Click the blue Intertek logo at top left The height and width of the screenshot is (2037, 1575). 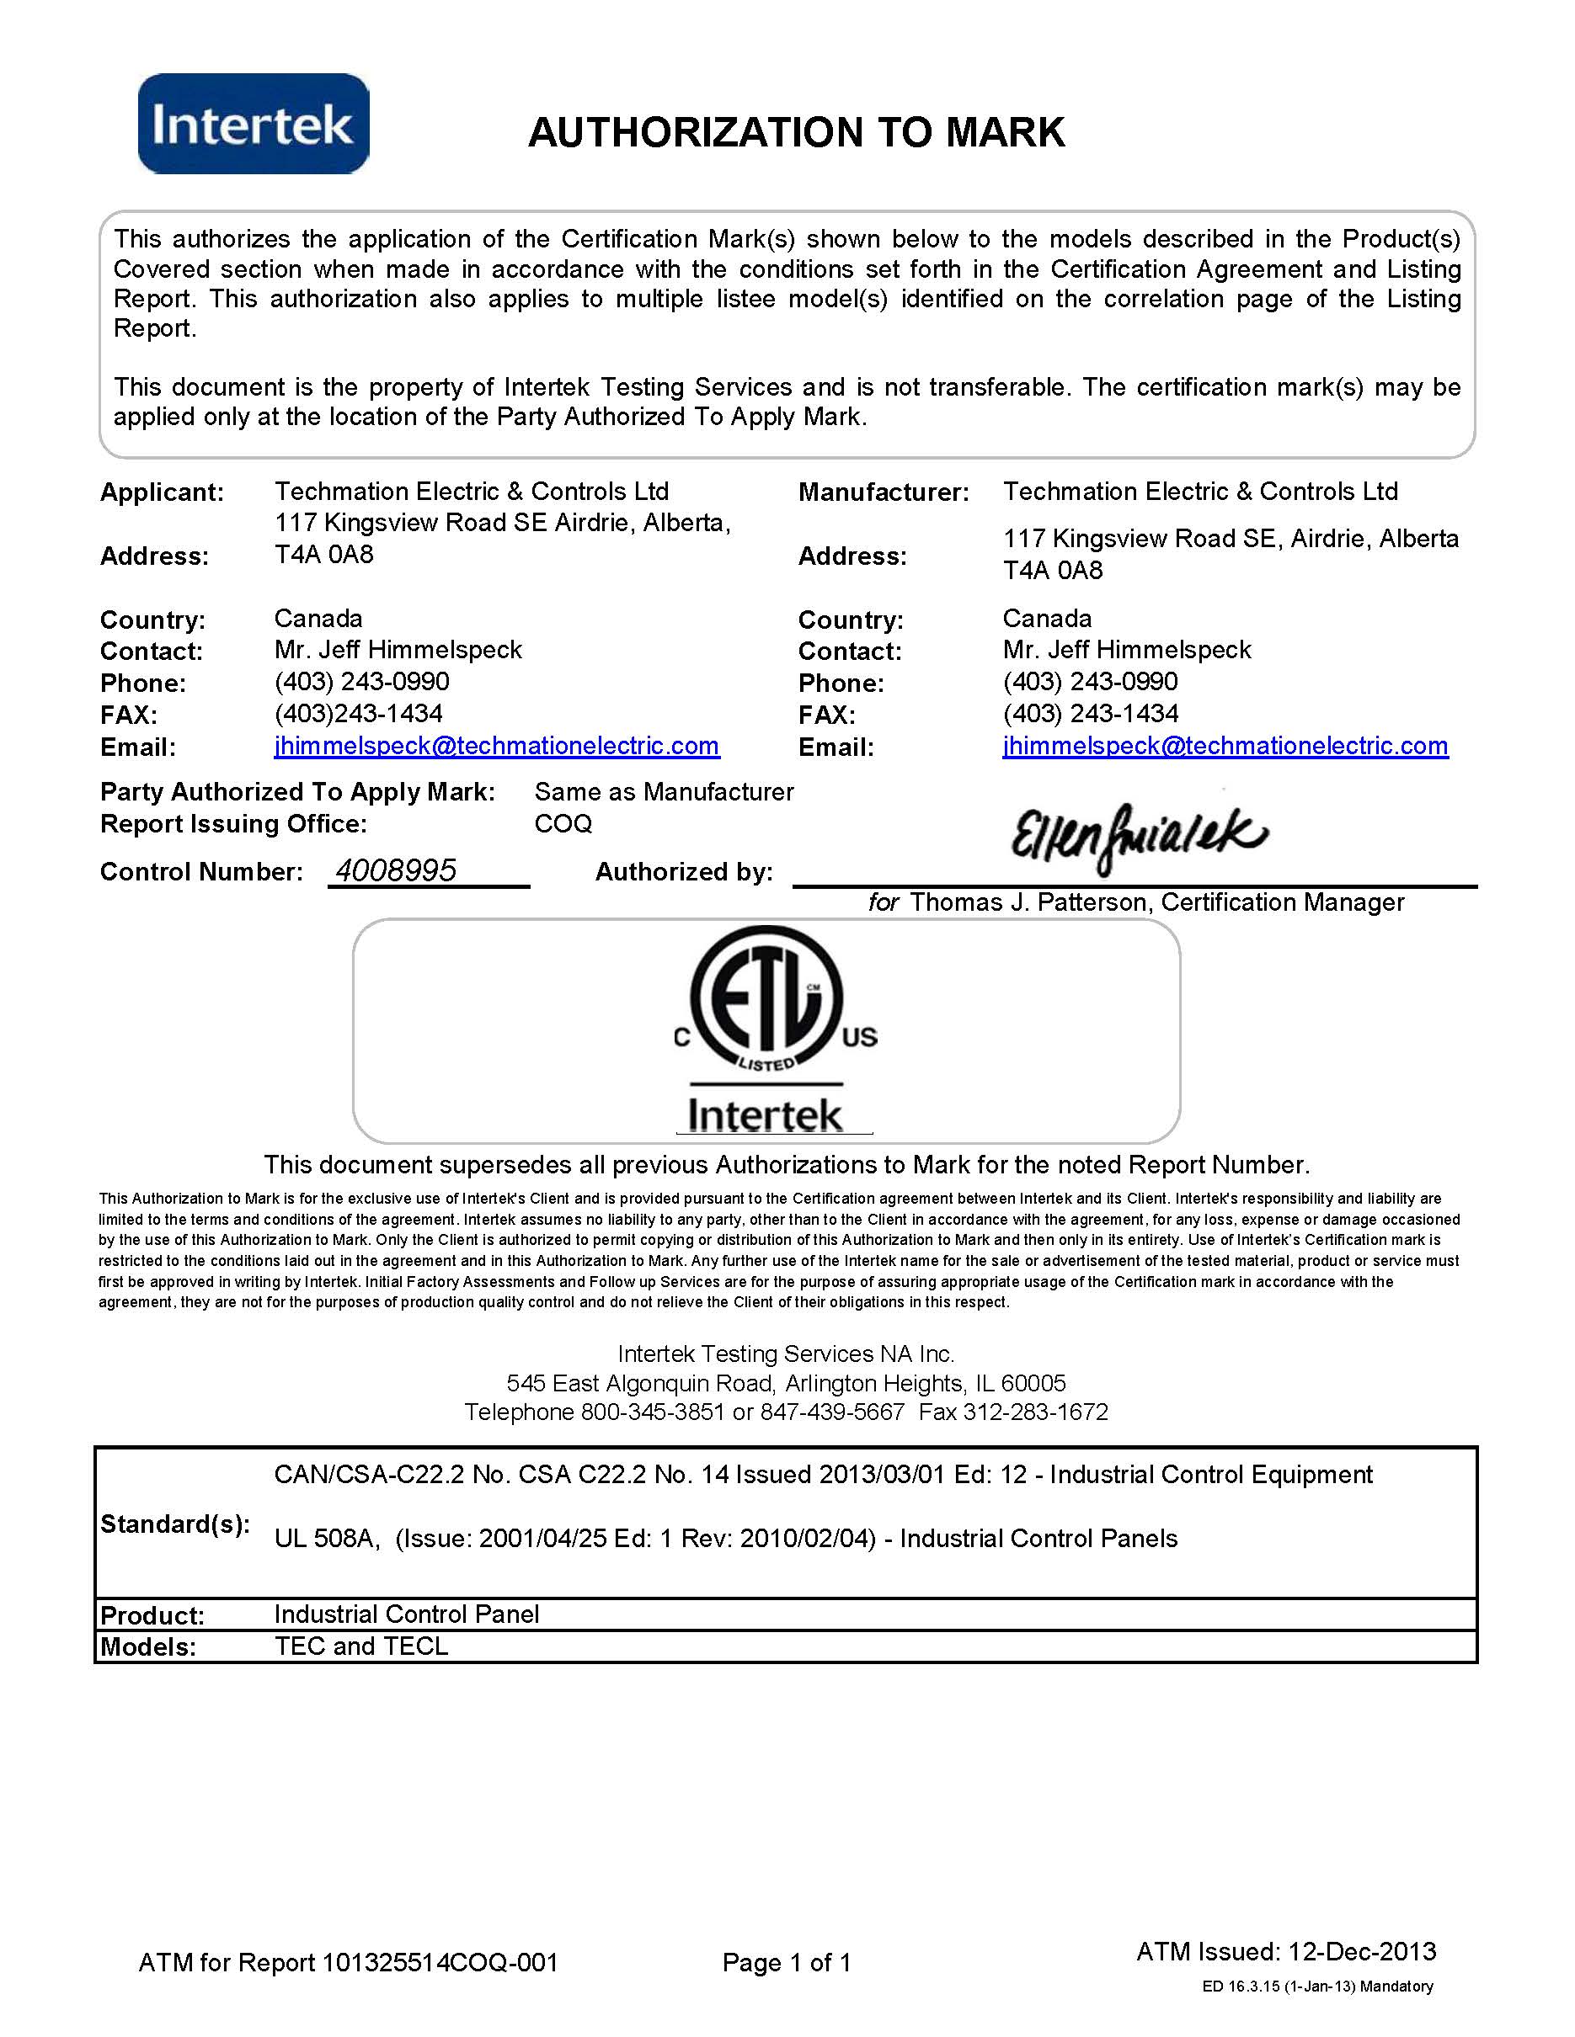tap(254, 124)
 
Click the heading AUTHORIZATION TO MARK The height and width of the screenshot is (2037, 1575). tap(796, 132)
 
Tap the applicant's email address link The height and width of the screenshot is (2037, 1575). tap(496, 746)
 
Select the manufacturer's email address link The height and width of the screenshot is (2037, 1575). tap(1225, 746)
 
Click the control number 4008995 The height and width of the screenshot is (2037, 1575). tap(396, 870)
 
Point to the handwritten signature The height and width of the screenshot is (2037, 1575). tap(1140, 837)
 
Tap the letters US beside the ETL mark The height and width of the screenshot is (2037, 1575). tap(859, 1037)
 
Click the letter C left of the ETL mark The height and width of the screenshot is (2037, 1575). tap(682, 1038)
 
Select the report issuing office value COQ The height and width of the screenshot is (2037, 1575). tap(563, 823)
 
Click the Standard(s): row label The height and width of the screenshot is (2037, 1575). tap(174, 1524)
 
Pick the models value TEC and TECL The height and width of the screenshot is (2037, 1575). tap(361, 1646)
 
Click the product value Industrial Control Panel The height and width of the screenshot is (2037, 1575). tap(407, 1614)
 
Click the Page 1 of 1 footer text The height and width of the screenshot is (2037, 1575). tap(787, 1962)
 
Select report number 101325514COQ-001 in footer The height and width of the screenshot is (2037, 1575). tap(440, 1962)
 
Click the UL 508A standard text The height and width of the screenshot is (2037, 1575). tap(327, 1538)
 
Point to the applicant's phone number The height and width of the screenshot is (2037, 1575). tap(362, 682)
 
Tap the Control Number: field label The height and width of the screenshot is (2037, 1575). tap(201, 872)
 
